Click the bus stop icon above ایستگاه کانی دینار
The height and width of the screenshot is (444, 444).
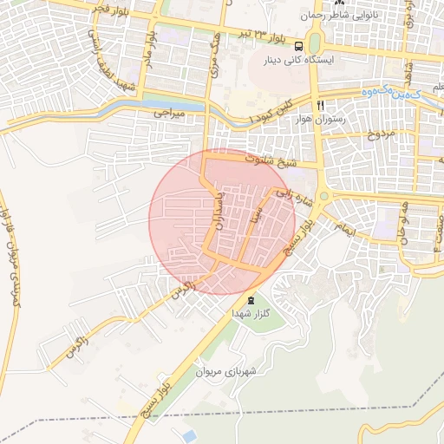click(298, 46)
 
